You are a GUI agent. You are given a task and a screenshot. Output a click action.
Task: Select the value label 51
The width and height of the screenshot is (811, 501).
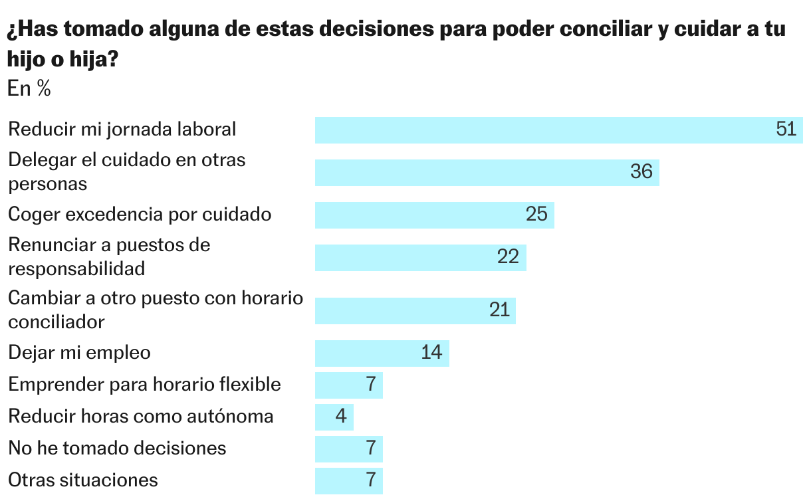pyautogui.click(x=786, y=130)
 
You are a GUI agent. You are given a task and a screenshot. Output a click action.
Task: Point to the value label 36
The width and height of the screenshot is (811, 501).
pyautogui.click(x=641, y=172)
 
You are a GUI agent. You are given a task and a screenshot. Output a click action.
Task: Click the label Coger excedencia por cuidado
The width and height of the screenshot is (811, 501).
pyautogui.click(x=140, y=215)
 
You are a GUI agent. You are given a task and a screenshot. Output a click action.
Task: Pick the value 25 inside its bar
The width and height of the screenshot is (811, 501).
pyautogui.click(x=536, y=215)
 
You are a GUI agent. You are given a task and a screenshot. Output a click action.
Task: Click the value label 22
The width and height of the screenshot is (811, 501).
pyautogui.click(x=508, y=257)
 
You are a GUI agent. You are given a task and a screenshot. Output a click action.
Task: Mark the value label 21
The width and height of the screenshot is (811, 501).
pyautogui.click(x=499, y=310)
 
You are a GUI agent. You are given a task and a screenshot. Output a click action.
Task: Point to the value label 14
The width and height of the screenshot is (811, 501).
pyautogui.click(x=431, y=353)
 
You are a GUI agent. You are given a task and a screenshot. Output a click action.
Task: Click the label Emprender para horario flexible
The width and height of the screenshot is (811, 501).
pyautogui.click(x=144, y=385)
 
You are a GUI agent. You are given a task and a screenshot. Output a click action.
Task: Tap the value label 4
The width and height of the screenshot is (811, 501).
pyautogui.click(x=342, y=417)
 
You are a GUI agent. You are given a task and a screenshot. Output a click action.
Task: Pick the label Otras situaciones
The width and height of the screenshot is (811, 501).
pyautogui.click(x=83, y=480)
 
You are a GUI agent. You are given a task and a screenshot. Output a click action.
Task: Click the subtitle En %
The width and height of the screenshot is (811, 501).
pyautogui.click(x=29, y=89)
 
